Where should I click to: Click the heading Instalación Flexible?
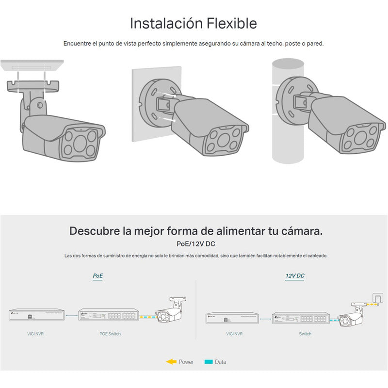pyautogui.click(x=194, y=23)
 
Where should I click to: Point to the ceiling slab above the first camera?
pyautogui.click(x=32, y=65)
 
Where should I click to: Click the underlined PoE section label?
pyautogui.click(x=98, y=276)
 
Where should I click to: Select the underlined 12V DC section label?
pyautogui.click(x=294, y=276)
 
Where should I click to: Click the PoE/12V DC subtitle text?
pyautogui.click(x=195, y=244)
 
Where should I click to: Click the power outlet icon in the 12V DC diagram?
pyautogui.click(x=376, y=296)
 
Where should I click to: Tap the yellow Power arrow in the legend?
pyautogui.click(x=171, y=362)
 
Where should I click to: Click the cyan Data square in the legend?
pyautogui.click(x=209, y=362)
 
